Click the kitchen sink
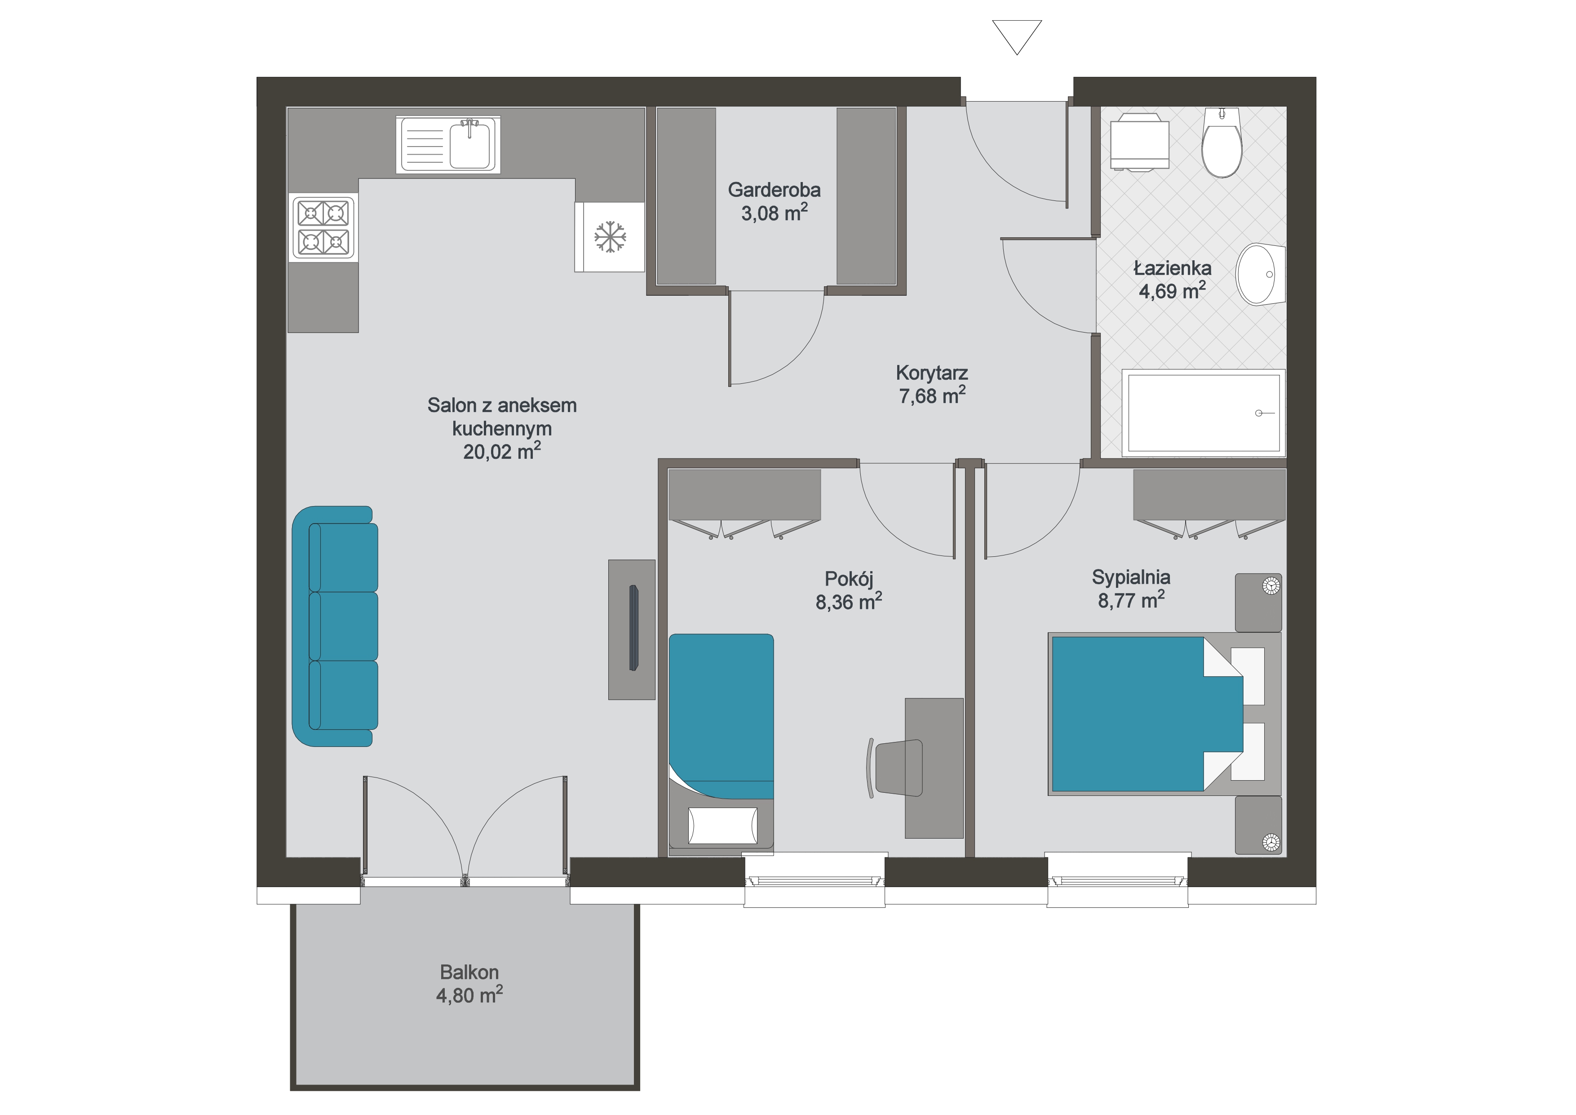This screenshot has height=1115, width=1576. [x=448, y=144]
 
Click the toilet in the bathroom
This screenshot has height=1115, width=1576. [x=1222, y=142]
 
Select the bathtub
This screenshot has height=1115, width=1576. [x=1203, y=413]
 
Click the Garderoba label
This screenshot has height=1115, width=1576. [x=774, y=190]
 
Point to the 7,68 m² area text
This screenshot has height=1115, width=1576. [x=932, y=395]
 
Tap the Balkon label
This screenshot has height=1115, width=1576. [x=469, y=972]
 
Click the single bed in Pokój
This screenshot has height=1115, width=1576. [x=721, y=745]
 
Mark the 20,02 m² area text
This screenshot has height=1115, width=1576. [x=502, y=451]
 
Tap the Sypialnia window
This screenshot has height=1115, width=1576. [x=1117, y=881]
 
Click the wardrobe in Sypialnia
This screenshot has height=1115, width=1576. [x=1209, y=496]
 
